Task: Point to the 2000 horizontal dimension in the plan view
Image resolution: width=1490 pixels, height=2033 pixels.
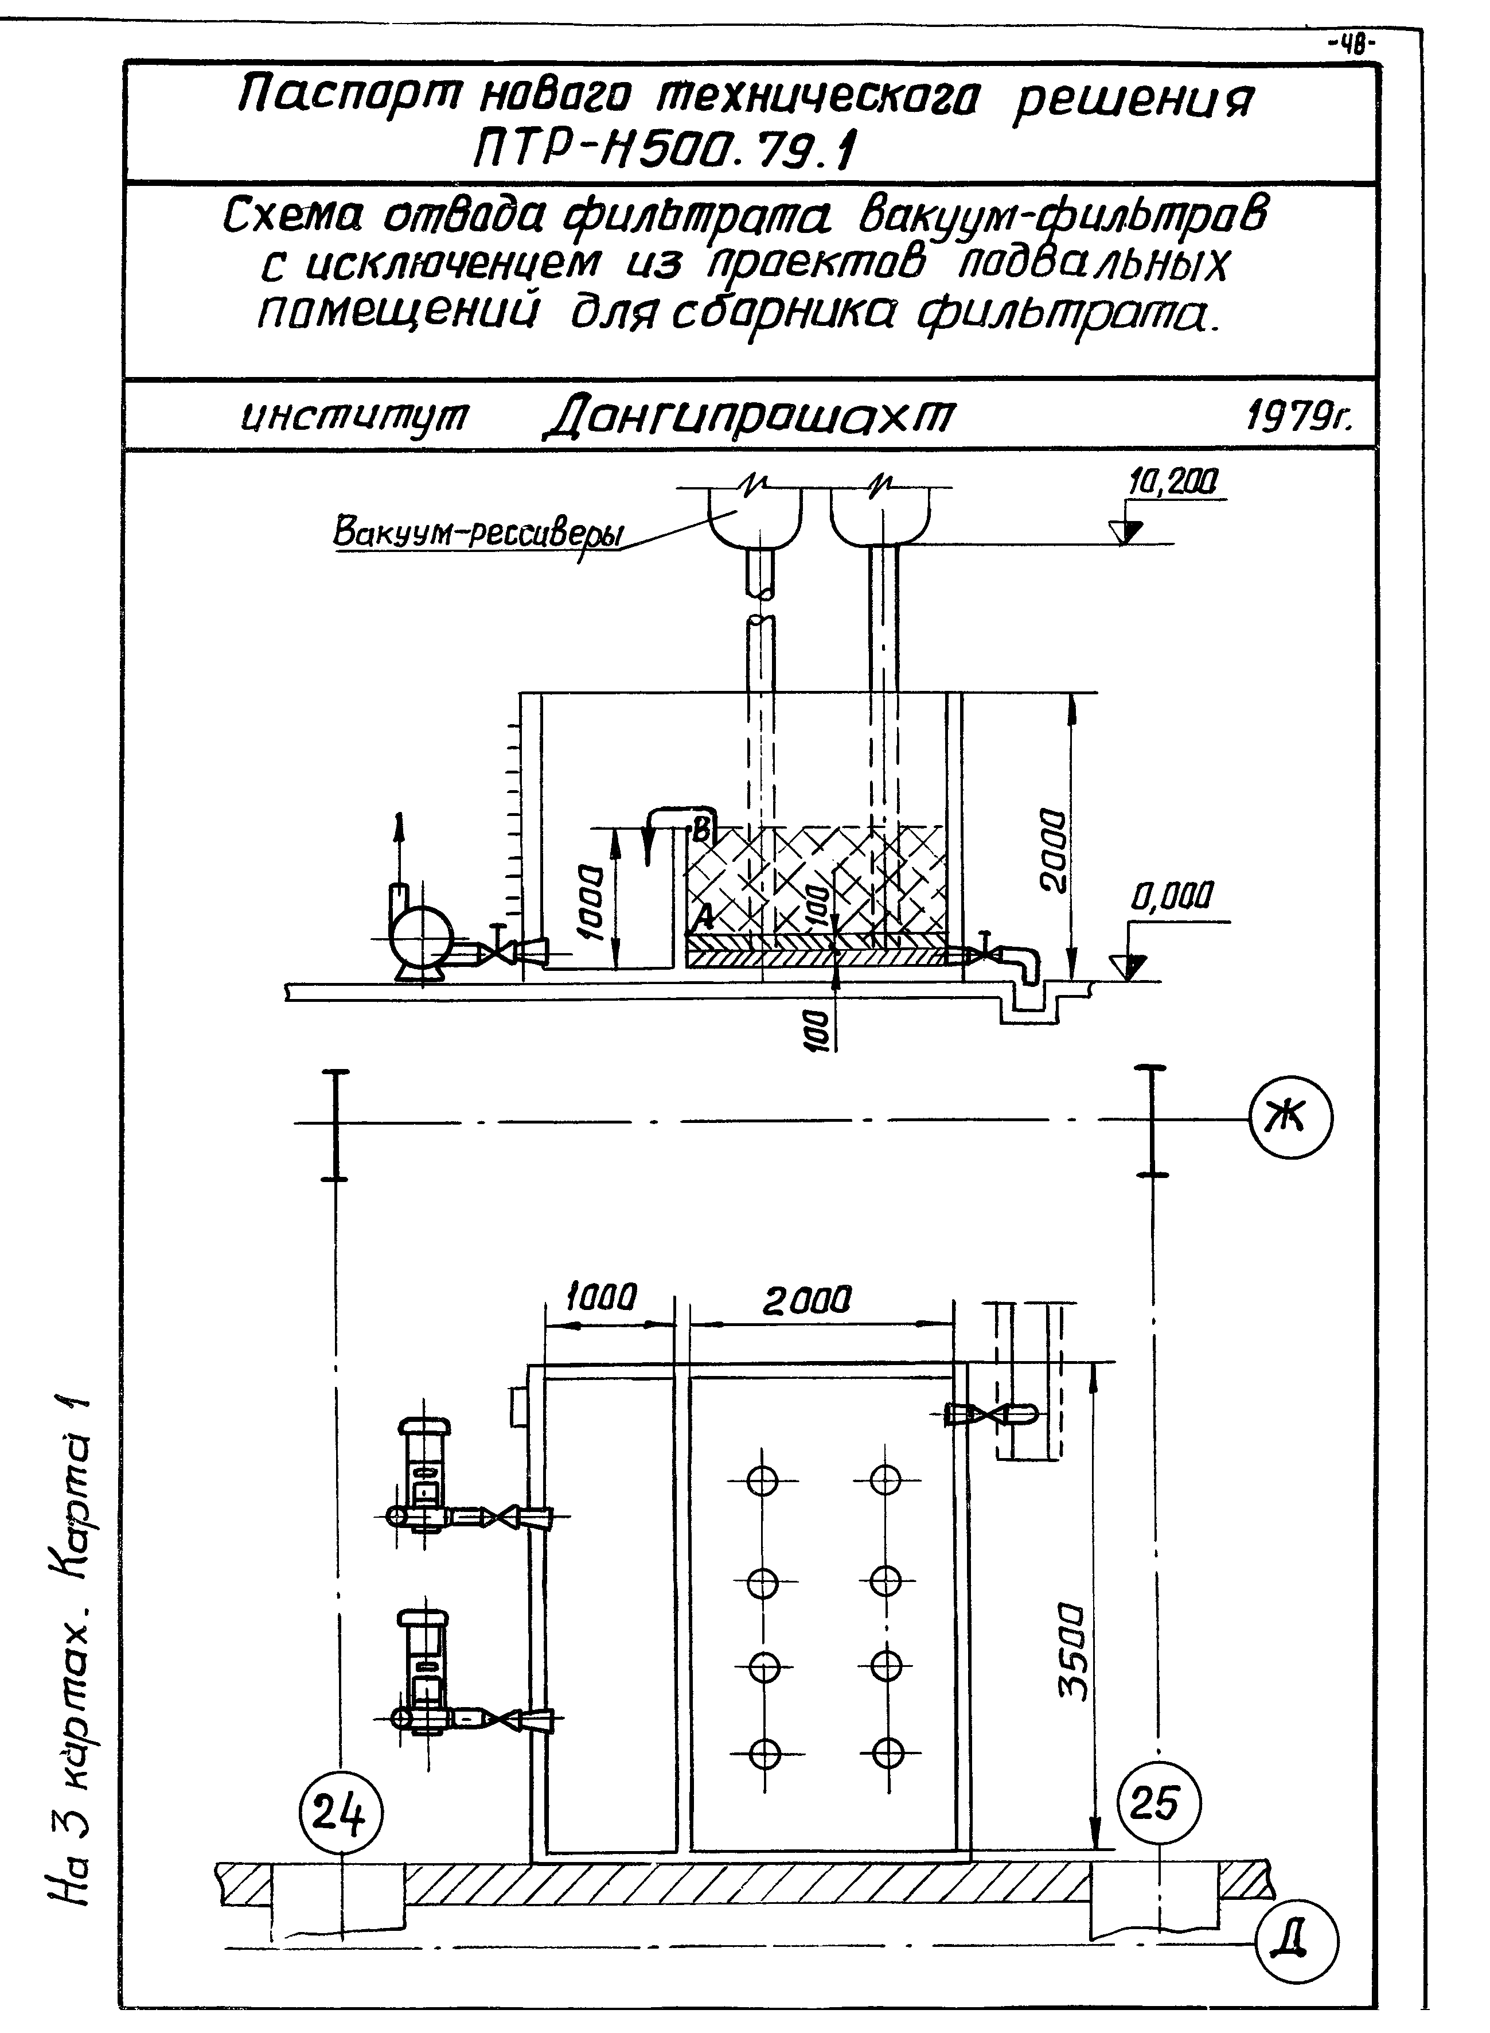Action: [x=808, y=1300]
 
